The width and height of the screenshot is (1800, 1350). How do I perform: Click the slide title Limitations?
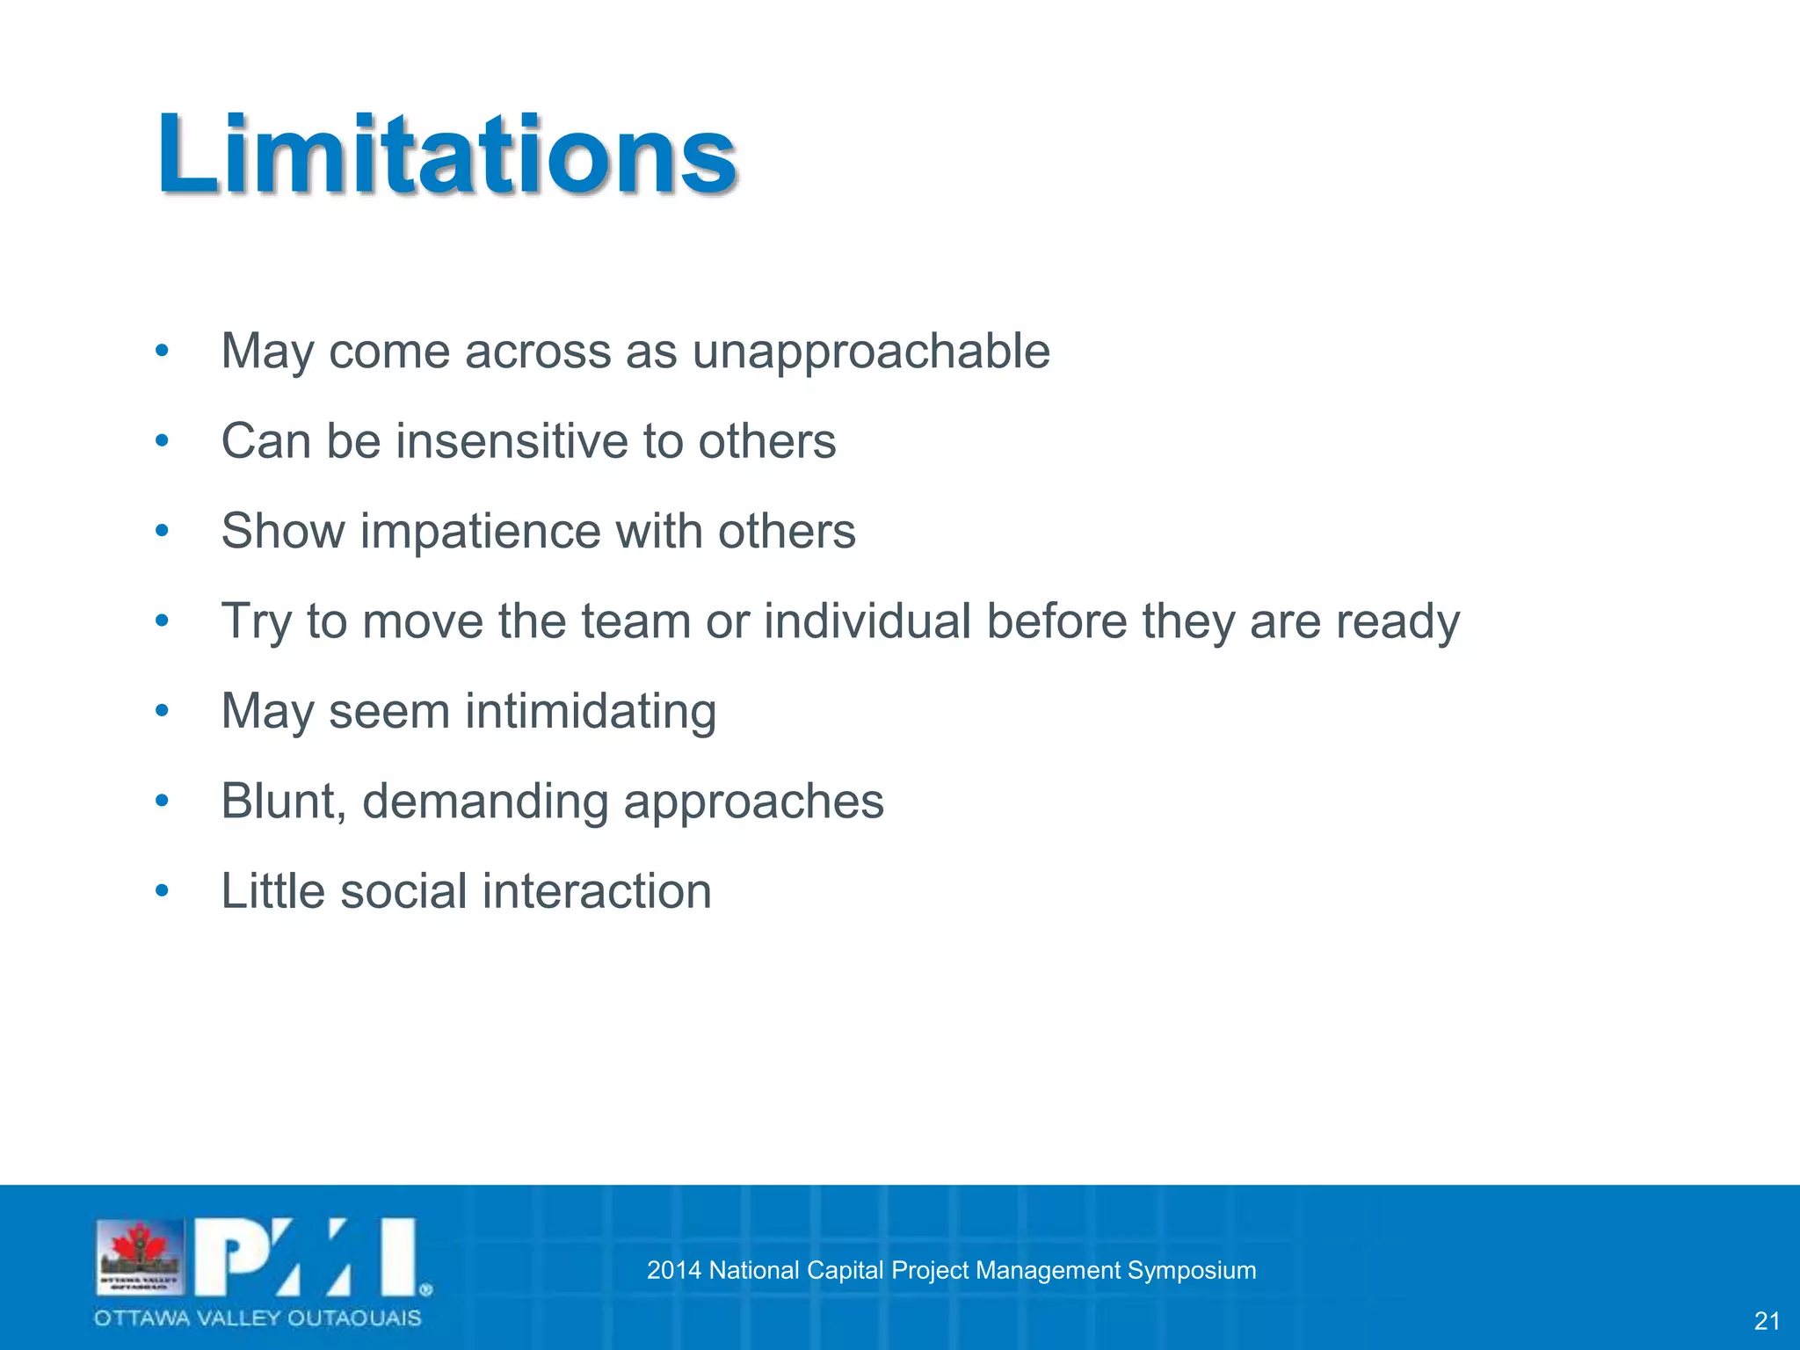pyautogui.click(x=446, y=156)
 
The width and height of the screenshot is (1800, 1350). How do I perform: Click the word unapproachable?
pyautogui.click(x=871, y=352)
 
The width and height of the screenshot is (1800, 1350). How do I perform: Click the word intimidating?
pyautogui.click(x=591, y=711)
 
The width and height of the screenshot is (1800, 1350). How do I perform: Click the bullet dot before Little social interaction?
pyautogui.click(x=161, y=891)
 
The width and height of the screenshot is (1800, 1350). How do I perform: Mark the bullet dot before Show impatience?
pyautogui.click(x=161, y=531)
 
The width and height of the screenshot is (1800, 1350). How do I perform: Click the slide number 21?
pyautogui.click(x=1767, y=1321)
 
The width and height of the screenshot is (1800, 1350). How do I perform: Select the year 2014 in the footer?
pyautogui.click(x=673, y=1270)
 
